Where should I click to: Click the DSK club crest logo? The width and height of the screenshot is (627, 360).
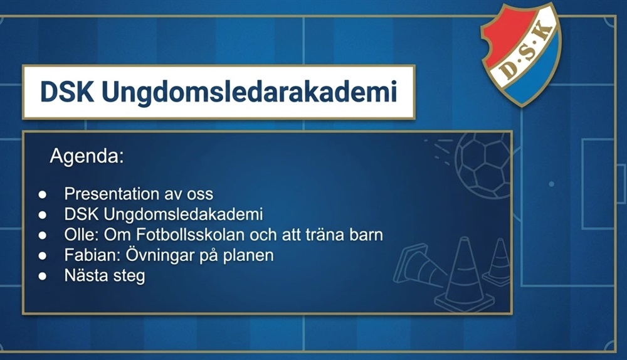point(520,55)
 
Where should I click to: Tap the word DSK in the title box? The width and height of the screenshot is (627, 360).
point(67,92)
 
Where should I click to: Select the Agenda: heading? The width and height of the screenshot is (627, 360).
point(87,156)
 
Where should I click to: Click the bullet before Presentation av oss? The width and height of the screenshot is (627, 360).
point(43,195)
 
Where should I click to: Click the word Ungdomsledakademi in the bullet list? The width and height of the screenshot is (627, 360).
point(184,214)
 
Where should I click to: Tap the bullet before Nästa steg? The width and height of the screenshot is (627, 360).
point(43,276)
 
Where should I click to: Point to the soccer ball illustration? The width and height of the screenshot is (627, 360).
point(483,166)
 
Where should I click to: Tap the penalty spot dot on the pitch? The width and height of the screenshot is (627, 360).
point(551,184)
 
